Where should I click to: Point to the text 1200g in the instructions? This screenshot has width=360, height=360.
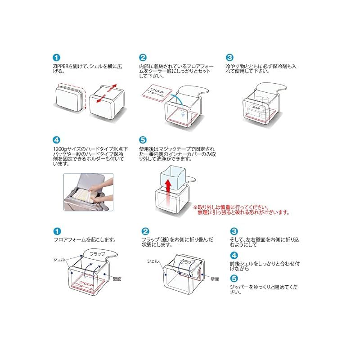click(59, 148)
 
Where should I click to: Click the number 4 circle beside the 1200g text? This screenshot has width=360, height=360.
click(56, 140)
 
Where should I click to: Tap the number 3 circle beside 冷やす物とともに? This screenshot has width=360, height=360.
click(229, 58)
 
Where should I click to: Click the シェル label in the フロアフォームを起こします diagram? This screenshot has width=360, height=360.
click(59, 259)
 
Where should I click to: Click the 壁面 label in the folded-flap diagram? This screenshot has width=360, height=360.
click(214, 279)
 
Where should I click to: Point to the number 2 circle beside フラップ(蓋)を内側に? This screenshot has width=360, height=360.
click(145, 230)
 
